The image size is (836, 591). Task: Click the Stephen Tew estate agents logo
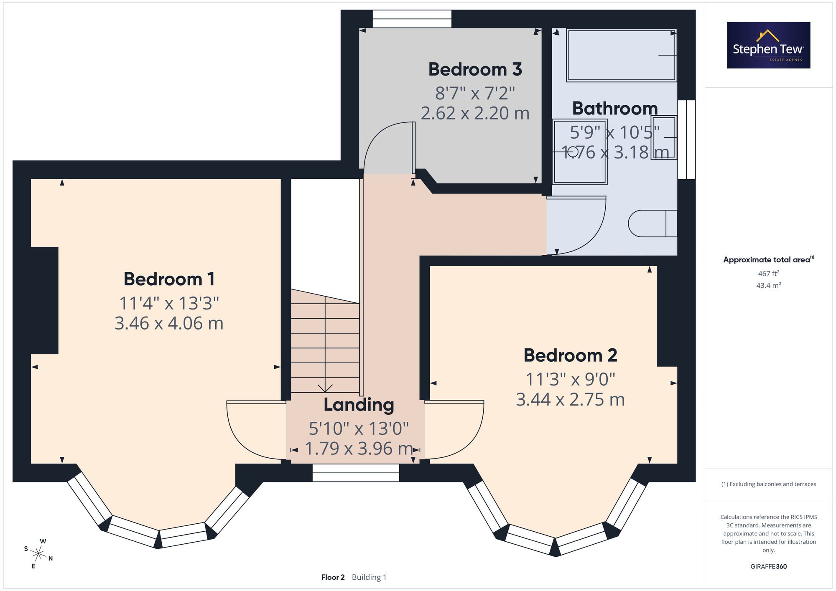tap(769, 45)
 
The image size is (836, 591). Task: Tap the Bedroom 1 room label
tap(169, 279)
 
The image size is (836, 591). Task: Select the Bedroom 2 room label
tap(571, 355)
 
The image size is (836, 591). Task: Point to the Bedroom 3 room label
tap(475, 69)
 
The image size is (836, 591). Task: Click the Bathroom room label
tap(615, 109)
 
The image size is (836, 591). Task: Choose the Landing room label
tap(359, 405)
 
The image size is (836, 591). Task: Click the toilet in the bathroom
tap(652, 223)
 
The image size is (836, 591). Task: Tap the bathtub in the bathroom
tap(622, 55)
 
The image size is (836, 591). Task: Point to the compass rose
tap(38, 554)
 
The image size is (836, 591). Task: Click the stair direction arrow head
tap(325, 388)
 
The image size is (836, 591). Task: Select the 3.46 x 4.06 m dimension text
tap(169, 323)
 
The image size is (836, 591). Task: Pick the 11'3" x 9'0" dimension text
tap(571, 379)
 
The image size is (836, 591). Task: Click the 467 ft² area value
tap(769, 274)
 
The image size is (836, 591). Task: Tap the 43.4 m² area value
tap(769, 285)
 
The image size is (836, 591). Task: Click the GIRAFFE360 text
tap(769, 567)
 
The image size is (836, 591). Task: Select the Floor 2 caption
tap(333, 577)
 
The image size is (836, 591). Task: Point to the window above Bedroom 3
tap(412, 19)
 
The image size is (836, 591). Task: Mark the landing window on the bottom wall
tap(356, 473)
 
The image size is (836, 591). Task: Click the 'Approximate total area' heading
tap(769, 259)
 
